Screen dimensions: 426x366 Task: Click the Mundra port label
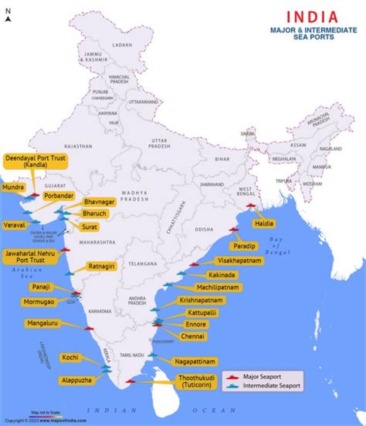click(13, 188)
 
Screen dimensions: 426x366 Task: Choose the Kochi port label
click(70, 358)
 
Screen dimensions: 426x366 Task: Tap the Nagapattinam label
click(196, 361)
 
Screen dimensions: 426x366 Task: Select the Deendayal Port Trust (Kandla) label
click(36, 162)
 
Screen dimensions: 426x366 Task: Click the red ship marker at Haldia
click(251, 205)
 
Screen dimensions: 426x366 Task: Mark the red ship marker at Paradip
click(234, 229)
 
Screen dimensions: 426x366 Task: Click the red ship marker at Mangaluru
click(89, 328)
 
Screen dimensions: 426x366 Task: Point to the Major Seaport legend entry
click(262, 377)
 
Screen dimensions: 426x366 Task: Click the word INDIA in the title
click(311, 17)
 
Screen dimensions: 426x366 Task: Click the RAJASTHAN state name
click(78, 146)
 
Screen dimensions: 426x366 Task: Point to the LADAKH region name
click(123, 45)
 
